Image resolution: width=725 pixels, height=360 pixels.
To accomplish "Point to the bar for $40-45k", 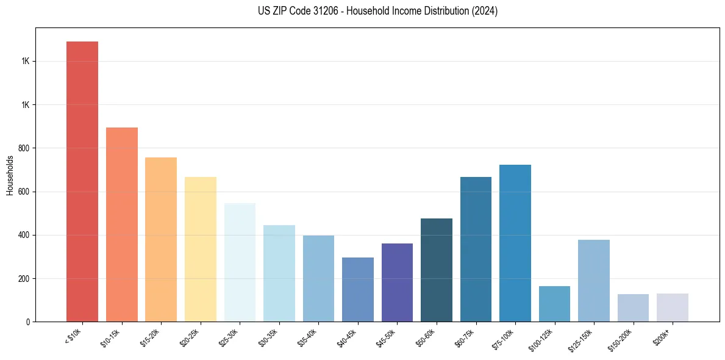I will (358, 289).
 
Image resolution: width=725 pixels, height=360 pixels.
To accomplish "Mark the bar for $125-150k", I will (594, 280).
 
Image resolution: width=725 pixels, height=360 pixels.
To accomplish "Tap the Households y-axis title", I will (10, 175).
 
